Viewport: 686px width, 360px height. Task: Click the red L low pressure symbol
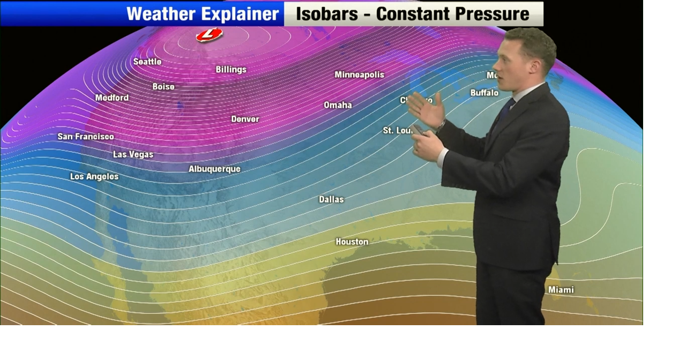(209, 35)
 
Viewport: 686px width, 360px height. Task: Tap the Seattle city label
(147, 62)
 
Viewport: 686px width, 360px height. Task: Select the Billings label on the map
(231, 70)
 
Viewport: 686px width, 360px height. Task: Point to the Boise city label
(163, 86)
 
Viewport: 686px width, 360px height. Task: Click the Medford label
(112, 98)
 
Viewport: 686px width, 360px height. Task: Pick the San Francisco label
(86, 137)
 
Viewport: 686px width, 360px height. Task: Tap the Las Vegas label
(133, 155)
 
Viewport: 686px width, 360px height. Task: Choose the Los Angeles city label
(94, 176)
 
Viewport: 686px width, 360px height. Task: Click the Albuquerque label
(214, 169)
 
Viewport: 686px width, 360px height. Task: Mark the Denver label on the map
(245, 119)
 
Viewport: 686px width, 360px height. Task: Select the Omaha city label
(338, 105)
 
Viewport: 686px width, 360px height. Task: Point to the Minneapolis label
(359, 75)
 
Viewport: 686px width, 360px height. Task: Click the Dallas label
(331, 199)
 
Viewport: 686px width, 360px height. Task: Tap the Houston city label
(352, 242)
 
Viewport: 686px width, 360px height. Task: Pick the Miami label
(561, 290)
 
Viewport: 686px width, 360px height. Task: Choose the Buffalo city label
(484, 93)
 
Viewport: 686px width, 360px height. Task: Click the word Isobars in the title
(327, 14)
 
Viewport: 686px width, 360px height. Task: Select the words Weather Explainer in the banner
(203, 14)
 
